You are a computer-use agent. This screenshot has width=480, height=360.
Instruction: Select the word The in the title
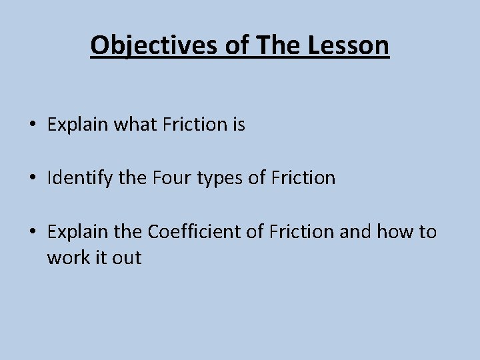point(273,45)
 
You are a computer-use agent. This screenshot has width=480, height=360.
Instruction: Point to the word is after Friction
point(239,125)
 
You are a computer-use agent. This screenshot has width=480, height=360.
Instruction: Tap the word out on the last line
point(127,258)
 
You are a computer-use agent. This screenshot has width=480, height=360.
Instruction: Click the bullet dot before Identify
point(31,179)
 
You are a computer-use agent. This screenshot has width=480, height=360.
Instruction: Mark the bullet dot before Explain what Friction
point(31,125)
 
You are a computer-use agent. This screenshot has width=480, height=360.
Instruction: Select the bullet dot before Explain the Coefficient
point(31,232)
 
